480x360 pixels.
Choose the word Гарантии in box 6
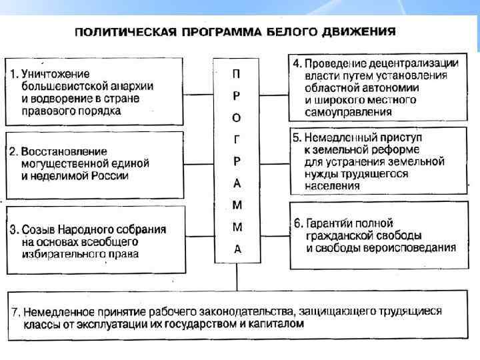331,223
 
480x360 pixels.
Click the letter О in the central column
237,117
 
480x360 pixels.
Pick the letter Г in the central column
237,139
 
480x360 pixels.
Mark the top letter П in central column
237,73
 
